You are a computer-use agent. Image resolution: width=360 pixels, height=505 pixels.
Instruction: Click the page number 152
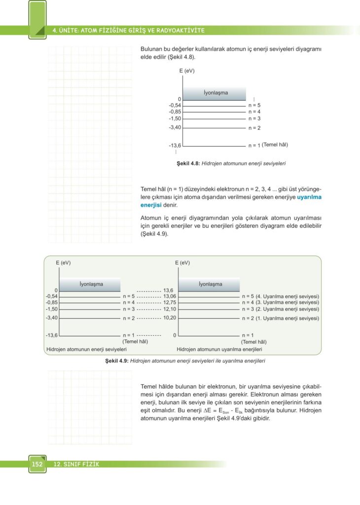[x=37, y=464]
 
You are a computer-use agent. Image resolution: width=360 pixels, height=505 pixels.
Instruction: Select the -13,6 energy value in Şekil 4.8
[x=175, y=145]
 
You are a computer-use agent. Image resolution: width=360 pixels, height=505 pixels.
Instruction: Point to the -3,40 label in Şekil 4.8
[x=175, y=128]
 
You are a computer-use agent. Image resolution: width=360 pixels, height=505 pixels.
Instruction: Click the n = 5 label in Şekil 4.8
[x=254, y=105]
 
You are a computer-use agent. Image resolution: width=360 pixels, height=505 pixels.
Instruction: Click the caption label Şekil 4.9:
[x=117, y=361]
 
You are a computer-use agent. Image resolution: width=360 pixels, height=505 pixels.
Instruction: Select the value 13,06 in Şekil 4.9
[x=170, y=296]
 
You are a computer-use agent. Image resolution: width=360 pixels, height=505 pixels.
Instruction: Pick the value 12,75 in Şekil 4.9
[x=170, y=302]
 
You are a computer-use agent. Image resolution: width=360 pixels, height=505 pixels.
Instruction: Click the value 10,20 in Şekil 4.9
[x=170, y=318]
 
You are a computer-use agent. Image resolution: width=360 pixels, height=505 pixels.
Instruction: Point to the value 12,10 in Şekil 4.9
[x=170, y=309]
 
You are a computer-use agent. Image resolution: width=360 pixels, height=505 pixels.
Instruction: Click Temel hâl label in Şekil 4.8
[x=275, y=145]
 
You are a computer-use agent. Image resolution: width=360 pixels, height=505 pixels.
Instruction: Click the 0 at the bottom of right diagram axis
[x=175, y=335]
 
